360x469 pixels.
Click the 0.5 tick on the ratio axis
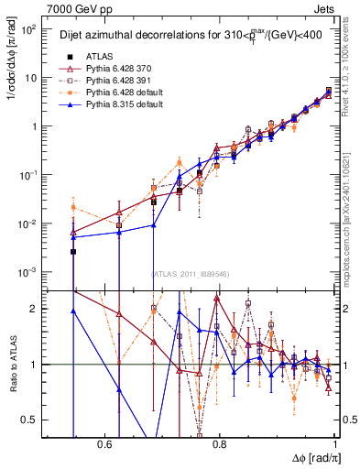pyautogui.click(x=33, y=420)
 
